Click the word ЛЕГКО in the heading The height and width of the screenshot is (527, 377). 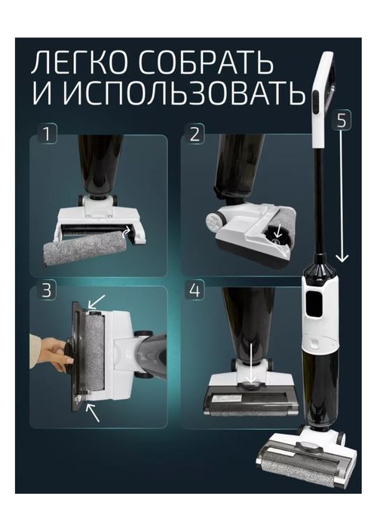tap(81, 63)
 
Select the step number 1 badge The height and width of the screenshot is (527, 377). tap(47, 134)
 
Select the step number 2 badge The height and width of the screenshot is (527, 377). tap(195, 134)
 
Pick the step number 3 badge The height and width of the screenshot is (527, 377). tap(47, 291)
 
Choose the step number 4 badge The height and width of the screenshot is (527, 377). tap(195, 291)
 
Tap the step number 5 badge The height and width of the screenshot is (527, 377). tap(342, 120)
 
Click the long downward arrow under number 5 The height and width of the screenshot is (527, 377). tap(342, 196)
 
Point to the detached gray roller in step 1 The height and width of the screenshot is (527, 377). tap(86, 248)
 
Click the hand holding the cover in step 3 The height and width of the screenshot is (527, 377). tap(51, 352)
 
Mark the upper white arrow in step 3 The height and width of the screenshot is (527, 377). tap(97, 302)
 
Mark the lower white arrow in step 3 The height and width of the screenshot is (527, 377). tap(93, 413)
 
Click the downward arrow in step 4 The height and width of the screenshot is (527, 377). tap(250, 364)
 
